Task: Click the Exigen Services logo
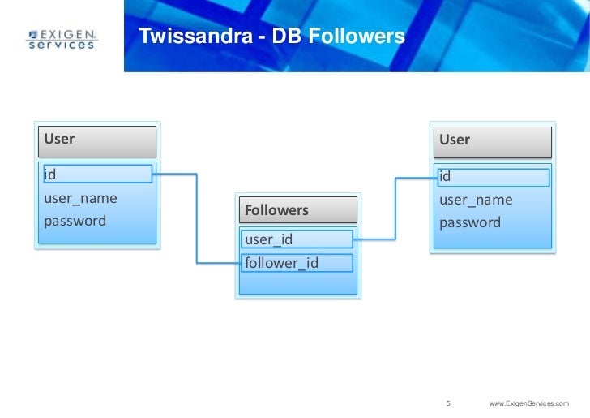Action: [62, 39]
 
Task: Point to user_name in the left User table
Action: [80, 197]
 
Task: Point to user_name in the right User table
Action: [476, 200]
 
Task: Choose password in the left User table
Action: [75, 221]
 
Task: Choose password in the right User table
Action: [470, 222]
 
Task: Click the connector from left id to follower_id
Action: [197, 219]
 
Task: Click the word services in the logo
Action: [62, 45]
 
